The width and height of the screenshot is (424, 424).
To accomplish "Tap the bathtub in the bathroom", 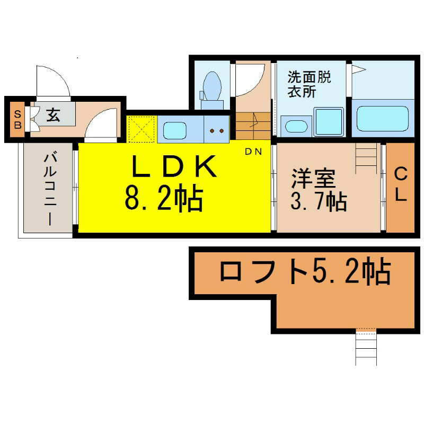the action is point(382,118).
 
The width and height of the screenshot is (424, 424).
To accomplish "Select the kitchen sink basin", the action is point(175,130).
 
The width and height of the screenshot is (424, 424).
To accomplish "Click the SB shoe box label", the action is point(17,119).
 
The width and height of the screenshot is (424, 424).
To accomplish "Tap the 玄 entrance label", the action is point(53,115).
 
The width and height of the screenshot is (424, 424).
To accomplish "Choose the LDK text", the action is point(174,166).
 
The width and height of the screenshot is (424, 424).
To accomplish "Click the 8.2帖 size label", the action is point(164,199).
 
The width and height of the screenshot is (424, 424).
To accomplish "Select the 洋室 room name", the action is point(313,178).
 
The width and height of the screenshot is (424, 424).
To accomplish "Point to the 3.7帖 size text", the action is point(319,202).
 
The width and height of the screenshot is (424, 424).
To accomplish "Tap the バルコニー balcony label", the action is point(50,189).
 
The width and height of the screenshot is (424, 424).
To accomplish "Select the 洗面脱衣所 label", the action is point(309,84).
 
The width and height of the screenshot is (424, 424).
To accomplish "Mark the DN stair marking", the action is point(253,152).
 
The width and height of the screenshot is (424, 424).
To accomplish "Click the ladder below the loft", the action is point(366,347).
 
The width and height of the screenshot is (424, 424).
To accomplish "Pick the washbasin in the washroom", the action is point(296,127).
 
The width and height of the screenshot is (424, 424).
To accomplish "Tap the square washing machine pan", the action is point(329,122).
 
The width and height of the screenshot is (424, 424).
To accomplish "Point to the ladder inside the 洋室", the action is point(366,158).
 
